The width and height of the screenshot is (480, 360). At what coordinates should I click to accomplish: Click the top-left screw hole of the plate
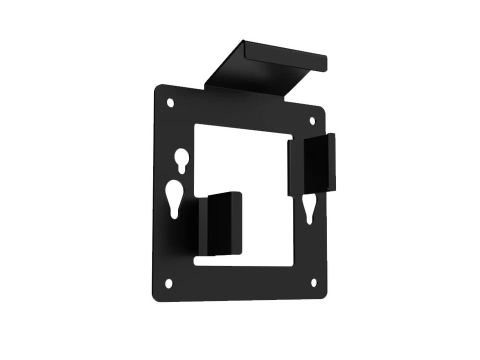click(170, 102)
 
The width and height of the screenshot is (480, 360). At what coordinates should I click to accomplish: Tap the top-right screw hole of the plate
click(312, 121)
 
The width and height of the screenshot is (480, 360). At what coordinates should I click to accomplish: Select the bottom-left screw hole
click(169, 283)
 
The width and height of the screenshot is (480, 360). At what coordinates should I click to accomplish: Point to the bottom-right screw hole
click(314, 282)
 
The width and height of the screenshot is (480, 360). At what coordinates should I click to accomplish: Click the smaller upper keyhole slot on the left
click(182, 161)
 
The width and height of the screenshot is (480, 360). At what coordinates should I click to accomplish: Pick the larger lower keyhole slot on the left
click(174, 197)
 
